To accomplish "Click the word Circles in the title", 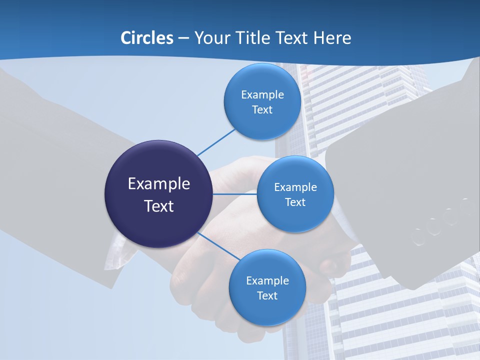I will [x=147, y=38].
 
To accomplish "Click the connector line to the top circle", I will [x=216, y=142].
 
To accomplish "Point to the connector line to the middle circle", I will [x=235, y=194].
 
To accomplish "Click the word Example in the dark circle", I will [x=159, y=183].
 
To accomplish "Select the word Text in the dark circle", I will [x=159, y=206].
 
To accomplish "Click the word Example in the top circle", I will [x=262, y=94].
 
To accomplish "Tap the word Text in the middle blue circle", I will [x=295, y=202].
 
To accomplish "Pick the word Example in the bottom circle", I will [x=267, y=280].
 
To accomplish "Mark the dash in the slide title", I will [x=183, y=38].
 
